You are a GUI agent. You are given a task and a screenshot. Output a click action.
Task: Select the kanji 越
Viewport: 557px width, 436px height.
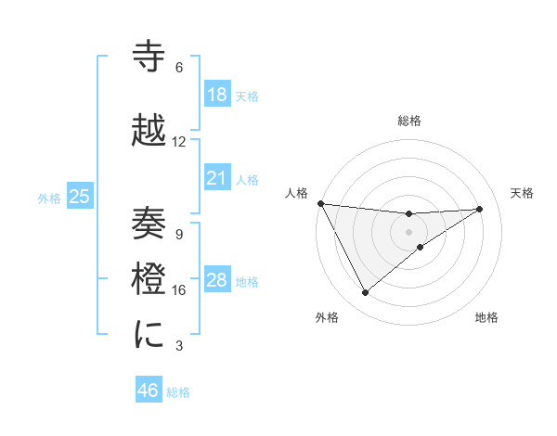coord(149,131)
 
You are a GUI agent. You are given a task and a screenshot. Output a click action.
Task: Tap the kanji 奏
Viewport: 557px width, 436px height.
coord(149,224)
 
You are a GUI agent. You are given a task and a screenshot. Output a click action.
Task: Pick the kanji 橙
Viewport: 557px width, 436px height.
coord(149,278)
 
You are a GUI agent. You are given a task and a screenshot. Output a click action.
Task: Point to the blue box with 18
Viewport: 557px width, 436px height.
coord(217,95)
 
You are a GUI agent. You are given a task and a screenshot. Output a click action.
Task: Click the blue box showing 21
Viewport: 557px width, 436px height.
coord(217,177)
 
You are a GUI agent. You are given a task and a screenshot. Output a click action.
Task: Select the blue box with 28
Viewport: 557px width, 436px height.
coord(217,280)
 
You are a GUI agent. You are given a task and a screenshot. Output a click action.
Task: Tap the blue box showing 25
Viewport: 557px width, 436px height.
coord(80,197)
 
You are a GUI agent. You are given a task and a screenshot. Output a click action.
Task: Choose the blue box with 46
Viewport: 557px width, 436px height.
coord(149,391)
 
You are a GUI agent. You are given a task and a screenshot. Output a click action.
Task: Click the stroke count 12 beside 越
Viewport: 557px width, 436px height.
coord(179,142)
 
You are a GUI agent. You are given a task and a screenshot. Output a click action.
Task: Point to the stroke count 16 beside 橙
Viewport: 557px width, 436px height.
coord(179,290)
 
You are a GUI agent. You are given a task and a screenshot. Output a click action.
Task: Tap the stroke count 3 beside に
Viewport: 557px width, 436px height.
coord(179,346)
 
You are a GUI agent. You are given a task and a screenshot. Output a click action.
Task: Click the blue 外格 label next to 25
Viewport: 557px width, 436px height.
coord(49,198)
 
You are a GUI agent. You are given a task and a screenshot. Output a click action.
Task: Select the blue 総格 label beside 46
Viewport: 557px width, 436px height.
coord(178,391)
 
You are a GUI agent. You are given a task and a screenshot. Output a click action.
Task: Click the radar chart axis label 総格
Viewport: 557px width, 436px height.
coord(409,121)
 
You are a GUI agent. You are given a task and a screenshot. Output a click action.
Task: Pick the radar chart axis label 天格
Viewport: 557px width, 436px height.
coord(523,193)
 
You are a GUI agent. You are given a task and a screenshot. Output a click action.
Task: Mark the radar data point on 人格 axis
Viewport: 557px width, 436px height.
coord(320,203)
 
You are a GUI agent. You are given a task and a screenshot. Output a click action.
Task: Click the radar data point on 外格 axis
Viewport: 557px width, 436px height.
coord(365,293)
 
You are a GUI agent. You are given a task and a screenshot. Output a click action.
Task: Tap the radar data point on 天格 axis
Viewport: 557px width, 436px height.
coord(480,209)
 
